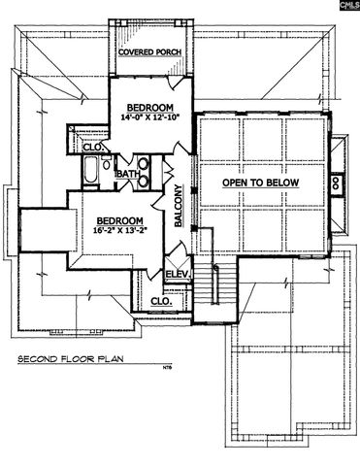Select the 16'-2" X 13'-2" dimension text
coord(119,232)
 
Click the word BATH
coord(127,175)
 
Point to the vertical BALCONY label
coord(180,208)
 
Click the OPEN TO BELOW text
coord(260,183)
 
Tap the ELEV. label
coord(179,275)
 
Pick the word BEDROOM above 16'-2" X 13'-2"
coord(119,220)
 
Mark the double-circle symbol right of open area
coord(334,182)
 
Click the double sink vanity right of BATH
coord(143,172)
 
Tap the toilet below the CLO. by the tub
coord(102,161)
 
